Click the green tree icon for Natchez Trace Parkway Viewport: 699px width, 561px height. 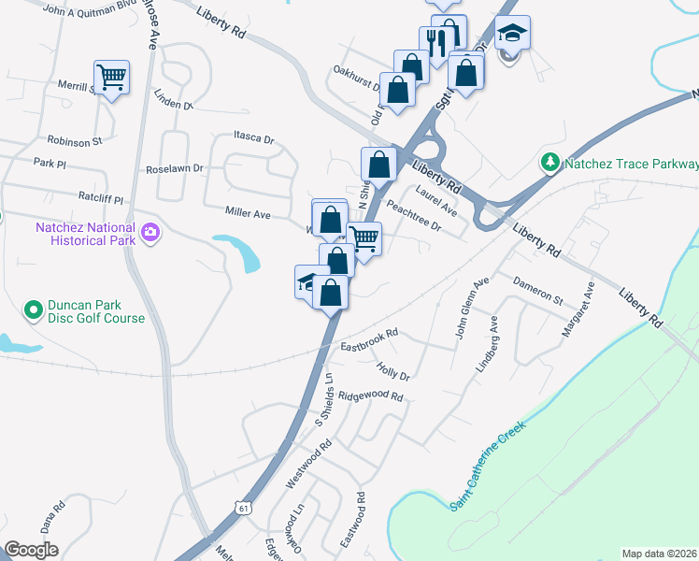(550, 163)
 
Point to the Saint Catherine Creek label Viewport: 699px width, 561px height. (488, 466)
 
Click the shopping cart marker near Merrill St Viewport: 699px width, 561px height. (111, 77)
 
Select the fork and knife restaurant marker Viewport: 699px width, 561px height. (435, 41)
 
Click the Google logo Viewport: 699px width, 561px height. (32, 550)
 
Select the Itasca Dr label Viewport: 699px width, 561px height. (254, 139)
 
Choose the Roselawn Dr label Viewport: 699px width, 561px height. (175, 169)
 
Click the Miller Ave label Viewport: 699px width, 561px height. (248, 214)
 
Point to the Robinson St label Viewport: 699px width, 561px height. (74, 141)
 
